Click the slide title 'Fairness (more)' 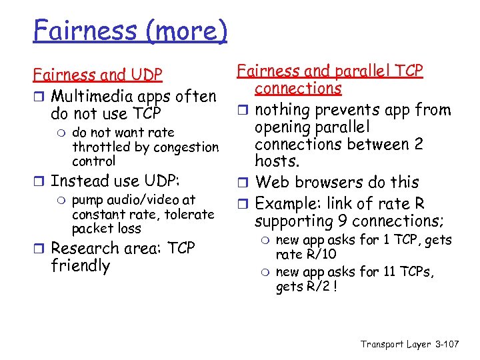[131, 29]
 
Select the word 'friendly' [81, 265]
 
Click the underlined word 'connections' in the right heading [298, 89]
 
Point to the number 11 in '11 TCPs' [379, 272]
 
